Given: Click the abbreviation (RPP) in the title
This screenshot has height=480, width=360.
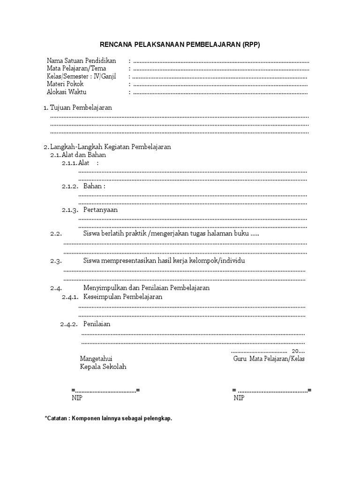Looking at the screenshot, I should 251,45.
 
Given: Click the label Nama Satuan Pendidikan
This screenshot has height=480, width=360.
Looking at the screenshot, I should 82,61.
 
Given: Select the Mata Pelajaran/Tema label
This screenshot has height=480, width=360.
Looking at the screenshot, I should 76,68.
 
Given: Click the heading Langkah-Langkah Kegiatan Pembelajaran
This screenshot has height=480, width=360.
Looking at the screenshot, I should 110,147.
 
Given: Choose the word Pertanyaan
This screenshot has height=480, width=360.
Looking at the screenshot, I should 100,210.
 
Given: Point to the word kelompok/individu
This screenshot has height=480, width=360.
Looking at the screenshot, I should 217,261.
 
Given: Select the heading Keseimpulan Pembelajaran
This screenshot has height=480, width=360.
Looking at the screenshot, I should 123,297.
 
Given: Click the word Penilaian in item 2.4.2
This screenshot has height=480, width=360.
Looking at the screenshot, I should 97,324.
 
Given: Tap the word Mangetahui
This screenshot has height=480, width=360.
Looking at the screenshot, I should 96,359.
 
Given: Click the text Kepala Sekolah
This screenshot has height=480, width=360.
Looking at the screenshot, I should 103,367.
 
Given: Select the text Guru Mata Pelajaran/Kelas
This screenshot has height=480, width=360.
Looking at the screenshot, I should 269,359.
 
